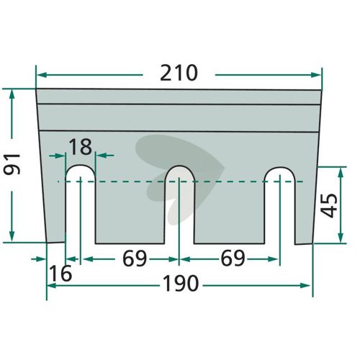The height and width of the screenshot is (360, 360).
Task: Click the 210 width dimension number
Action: (x=179, y=73)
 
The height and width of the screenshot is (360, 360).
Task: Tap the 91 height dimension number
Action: (x=12, y=164)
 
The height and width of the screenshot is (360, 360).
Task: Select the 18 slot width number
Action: (x=81, y=146)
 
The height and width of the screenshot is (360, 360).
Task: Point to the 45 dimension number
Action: (x=329, y=205)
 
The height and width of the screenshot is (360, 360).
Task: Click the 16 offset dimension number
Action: (x=60, y=273)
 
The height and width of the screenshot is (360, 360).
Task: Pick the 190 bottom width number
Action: (x=181, y=284)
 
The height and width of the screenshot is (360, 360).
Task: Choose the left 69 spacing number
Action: (x=135, y=258)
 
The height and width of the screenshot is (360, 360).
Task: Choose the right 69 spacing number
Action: (x=233, y=258)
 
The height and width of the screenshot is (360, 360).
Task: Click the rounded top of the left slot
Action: (x=81, y=166)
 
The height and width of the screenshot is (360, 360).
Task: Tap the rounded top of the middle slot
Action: (x=179, y=166)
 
